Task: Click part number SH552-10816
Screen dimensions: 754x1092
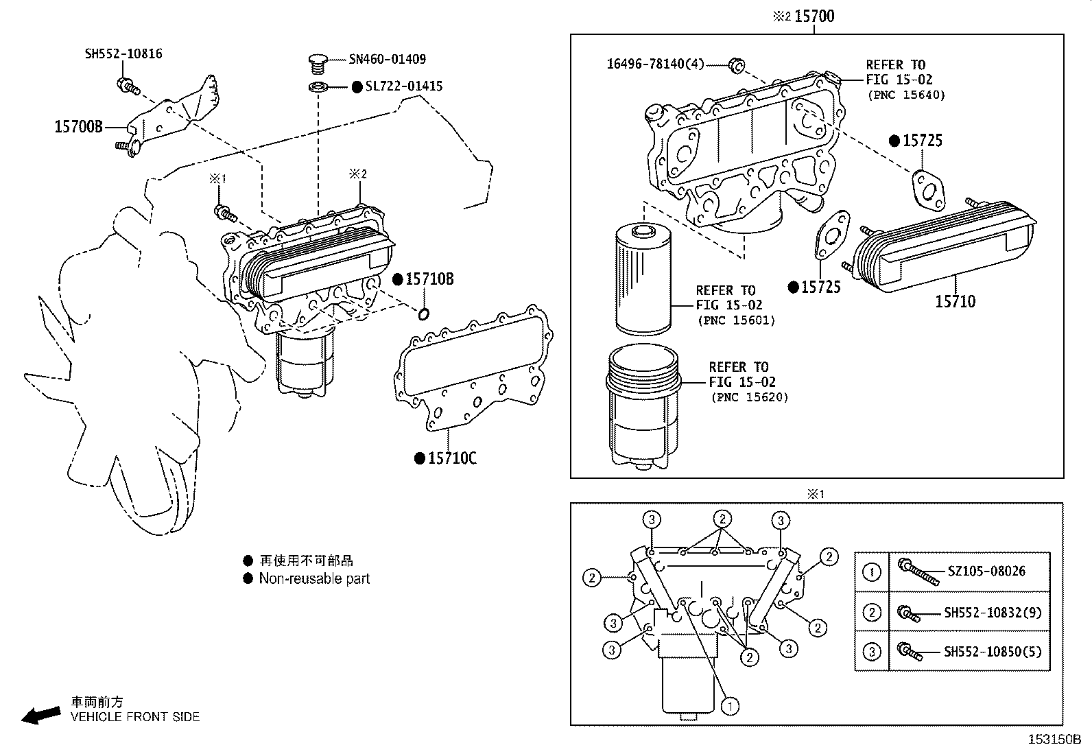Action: tap(123, 54)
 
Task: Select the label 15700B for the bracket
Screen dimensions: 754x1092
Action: tap(78, 127)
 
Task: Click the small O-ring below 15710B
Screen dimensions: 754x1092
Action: tap(424, 314)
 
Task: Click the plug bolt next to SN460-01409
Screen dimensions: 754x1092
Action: tap(316, 63)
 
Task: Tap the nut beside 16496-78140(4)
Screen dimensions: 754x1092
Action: tap(736, 66)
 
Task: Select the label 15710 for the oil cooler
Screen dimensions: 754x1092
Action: tap(955, 301)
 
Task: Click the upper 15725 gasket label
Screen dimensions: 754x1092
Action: tap(922, 141)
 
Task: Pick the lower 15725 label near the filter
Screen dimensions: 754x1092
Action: tap(820, 287)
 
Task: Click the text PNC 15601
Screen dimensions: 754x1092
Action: tap(736, 320)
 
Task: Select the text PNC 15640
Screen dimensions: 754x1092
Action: tap(905, 95)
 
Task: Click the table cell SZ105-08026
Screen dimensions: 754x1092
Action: tap(986, 571)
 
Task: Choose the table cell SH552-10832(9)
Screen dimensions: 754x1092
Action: tap(992, 612)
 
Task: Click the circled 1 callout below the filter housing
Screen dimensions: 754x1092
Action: tap(731, 705)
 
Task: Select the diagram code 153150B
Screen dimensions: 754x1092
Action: tap(1054, 740)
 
